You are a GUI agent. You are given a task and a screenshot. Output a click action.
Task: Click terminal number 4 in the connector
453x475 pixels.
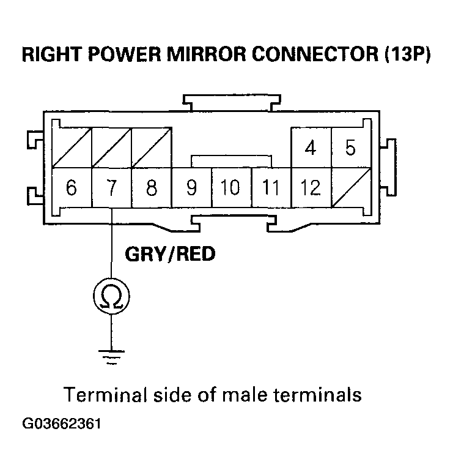pos(311,148)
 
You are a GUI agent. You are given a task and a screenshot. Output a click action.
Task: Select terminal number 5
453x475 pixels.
pos(350,148)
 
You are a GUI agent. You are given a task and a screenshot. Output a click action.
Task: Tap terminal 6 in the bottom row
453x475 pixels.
pos(71,188)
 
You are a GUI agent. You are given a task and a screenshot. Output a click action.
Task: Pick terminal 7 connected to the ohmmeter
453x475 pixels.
pos(111,188)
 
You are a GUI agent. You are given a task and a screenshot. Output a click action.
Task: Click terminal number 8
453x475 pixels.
pos(152,188)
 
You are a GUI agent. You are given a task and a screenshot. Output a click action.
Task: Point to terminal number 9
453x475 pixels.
pos(191,188)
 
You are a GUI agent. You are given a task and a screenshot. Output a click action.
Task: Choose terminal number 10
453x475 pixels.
pos(230,188)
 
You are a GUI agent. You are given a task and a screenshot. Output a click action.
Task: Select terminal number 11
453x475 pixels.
pos(270,188)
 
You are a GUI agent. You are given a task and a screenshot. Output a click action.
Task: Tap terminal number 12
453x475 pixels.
pos(311,188)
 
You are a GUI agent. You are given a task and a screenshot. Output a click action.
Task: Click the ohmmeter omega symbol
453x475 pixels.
pos(111,297)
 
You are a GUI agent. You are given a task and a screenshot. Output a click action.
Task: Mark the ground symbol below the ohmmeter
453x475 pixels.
pos(111,356)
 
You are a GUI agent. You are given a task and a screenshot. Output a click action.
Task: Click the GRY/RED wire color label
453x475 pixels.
pos(169,253)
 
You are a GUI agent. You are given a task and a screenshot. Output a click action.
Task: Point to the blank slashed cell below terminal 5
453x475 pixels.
pos(350,188)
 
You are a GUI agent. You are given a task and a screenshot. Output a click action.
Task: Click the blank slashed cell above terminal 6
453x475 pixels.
pos(71,148)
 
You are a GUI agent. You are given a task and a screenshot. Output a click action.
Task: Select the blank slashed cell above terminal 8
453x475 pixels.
pos(152,148)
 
